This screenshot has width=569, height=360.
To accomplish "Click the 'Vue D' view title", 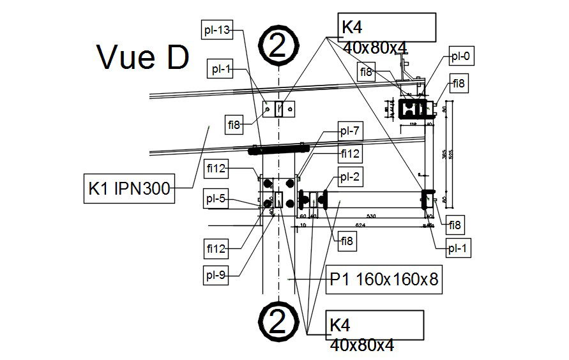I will tap(143, 57).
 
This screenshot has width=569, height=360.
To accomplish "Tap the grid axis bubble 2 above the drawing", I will tap(278, 47).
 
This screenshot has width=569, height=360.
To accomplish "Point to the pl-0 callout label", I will tap(460, 56).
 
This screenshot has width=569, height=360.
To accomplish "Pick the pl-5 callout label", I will tap(216, 199).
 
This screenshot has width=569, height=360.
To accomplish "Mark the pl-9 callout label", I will tap(216, 276).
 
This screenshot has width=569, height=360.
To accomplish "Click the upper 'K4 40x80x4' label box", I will tap(387, 27).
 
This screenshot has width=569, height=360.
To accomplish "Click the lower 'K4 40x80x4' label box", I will tap(376, 325).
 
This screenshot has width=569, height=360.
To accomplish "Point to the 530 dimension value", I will tap(371, 217).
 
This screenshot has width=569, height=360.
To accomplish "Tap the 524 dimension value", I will tap(360, 225).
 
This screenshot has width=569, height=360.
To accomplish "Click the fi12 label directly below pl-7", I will tap(351, 153).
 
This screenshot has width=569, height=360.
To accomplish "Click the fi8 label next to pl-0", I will tap(459, 83).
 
